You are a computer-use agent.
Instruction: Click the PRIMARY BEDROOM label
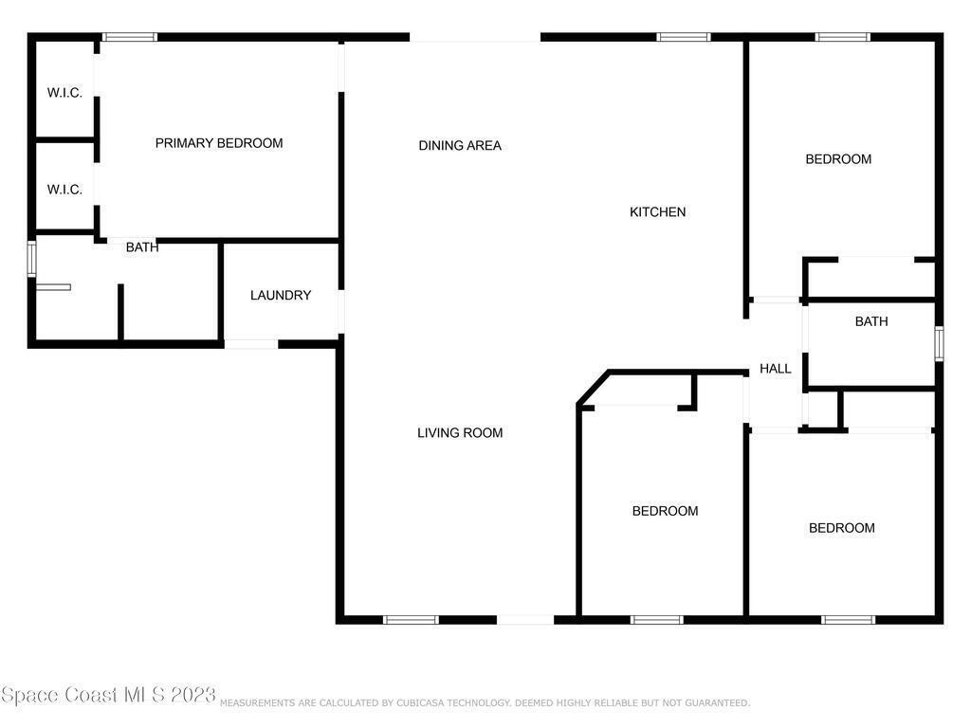click(x=219, y=143)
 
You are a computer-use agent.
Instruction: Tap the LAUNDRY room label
click(x=281, y=296)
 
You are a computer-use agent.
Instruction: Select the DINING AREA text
click(x=460, y=145)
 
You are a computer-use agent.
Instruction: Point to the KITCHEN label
click(x=658, y=211)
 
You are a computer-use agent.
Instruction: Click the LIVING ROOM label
click(x=460, y=432)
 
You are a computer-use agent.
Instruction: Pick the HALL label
click(x=776, y=369)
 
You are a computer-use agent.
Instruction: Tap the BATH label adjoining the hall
click(x=871, y=321)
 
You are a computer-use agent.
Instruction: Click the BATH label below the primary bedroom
click(x=142, y=247)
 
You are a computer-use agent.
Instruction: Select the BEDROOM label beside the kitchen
click(x=838, y=159)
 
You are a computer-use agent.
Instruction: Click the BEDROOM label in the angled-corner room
click(x=665, y=511)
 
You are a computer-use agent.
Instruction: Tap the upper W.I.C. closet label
click(x=64, y=93)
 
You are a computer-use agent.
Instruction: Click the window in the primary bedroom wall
click(x=129, y=37)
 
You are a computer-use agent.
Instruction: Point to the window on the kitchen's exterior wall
click(x=683, y=37)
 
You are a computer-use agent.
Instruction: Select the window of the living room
click(x=411, y=620)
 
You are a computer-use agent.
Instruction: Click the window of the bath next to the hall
click(x=939, y=343)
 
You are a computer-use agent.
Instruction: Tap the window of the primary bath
click(x=31, y=259)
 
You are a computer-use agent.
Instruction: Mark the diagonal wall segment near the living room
click(x=593, y=388)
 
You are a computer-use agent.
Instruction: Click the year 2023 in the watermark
click(x=192, y=695)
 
